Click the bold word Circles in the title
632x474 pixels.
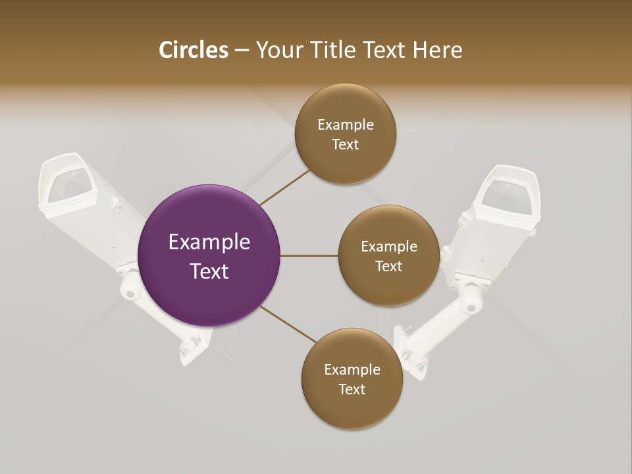click(x=193, y=50)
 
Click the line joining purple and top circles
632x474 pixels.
click(x=284, y=187)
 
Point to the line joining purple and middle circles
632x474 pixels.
click(x=309, y=255)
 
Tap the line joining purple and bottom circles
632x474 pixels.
click(x=287, y=324)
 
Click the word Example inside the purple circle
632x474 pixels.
click(x=209, y=242)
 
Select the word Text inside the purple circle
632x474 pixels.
click(x=209, y=271)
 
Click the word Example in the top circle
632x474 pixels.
click(x=346, y=125)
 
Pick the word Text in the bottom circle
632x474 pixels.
click(x=352, y=389)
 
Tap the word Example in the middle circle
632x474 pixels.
click(x=388, y=247)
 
